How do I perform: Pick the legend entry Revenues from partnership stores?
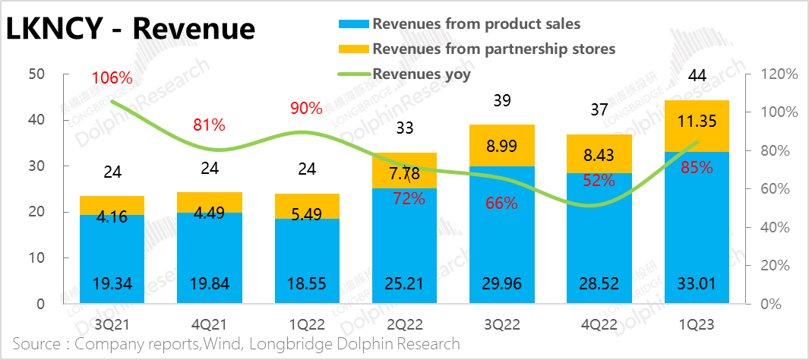click(x=493, y=49)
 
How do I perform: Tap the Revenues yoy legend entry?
click(x=422, y=74)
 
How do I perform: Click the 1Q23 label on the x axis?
click(x=697, y=324)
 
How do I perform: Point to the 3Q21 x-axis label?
click(x=112, y=324)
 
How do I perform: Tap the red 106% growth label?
click(x=112, y=77)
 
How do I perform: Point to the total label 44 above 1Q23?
click(x=697, y=75)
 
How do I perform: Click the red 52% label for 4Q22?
click(x=599, y=180)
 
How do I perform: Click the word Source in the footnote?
click(x=37, y=344)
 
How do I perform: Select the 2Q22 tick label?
click(x=404, y=324)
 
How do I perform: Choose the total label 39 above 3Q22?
click(x=501, y=102)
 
